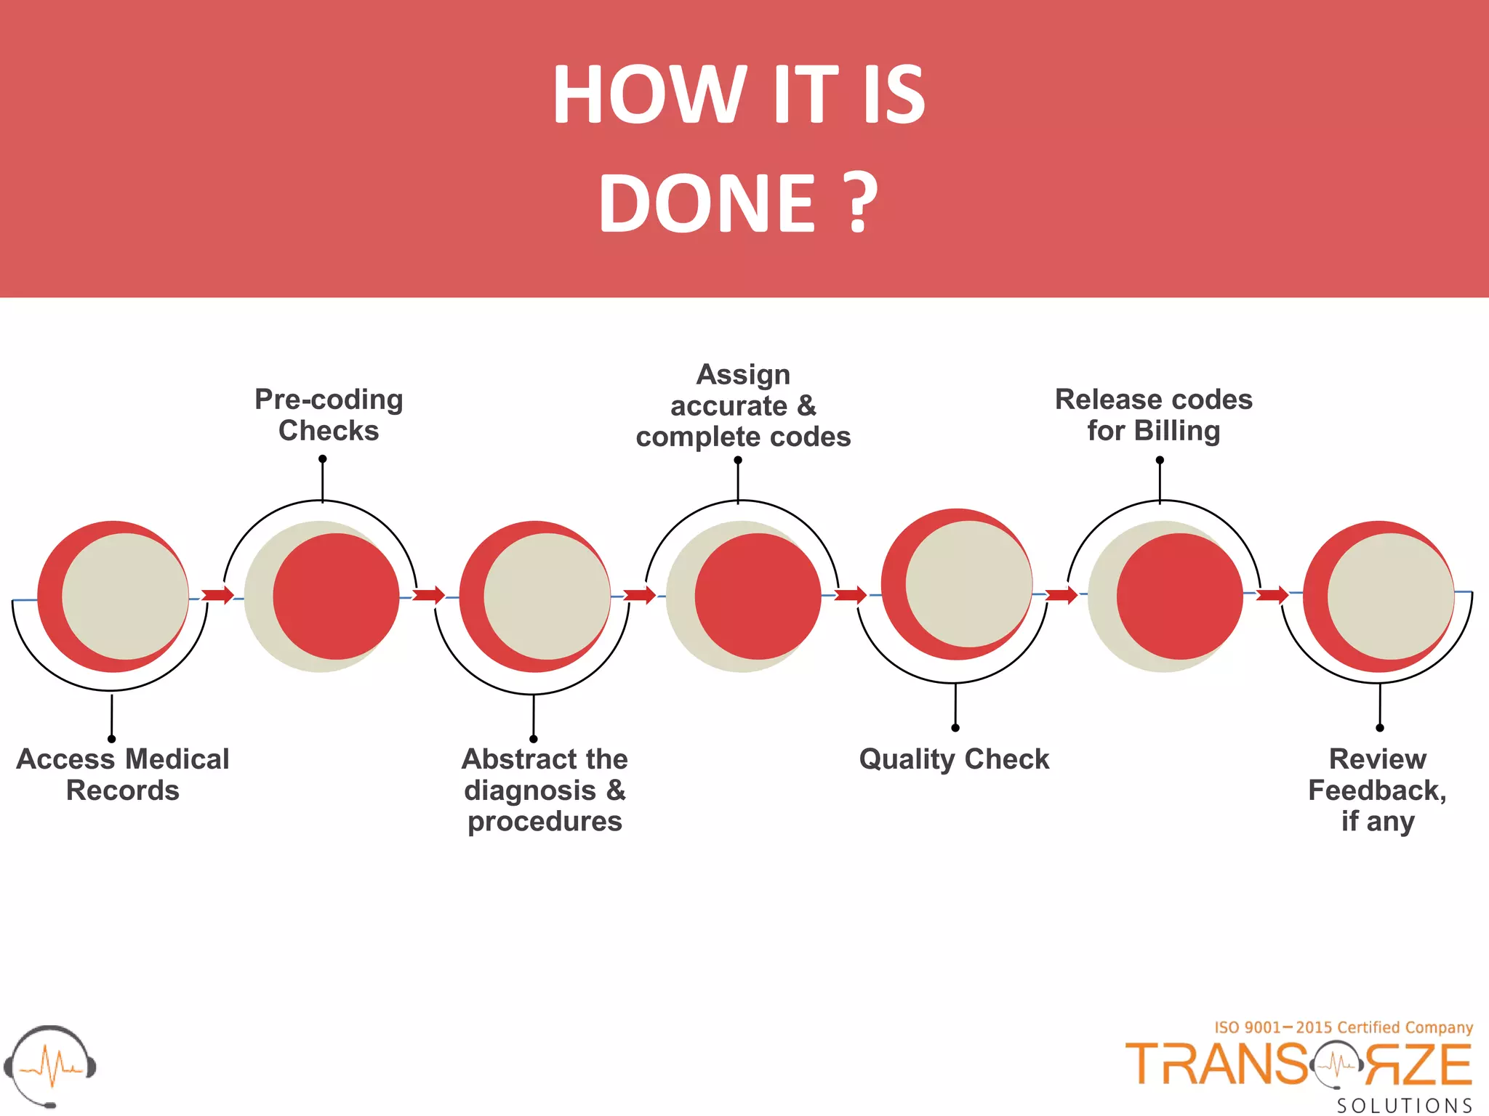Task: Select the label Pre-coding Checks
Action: coord(329,415)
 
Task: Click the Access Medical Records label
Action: coord(123,775)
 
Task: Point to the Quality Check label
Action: coord(954,759)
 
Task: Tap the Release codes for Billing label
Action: coord(1154,415)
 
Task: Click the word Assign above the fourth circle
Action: coord(743,375)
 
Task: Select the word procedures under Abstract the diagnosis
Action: coord(545,822)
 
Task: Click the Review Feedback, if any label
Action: coord(1377,790)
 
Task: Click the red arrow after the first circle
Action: coord(217,596)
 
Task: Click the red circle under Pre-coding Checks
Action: coord(337,597)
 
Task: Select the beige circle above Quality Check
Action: coord(968,583)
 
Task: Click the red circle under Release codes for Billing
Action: coord(1179,597)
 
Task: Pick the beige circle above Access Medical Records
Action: coord(125,597)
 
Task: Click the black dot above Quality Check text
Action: coord(955,728)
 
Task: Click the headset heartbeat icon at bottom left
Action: coord(49,1066)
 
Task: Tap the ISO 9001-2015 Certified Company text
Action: coord(1344,1027)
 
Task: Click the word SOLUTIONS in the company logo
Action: coord(1405,1106)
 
